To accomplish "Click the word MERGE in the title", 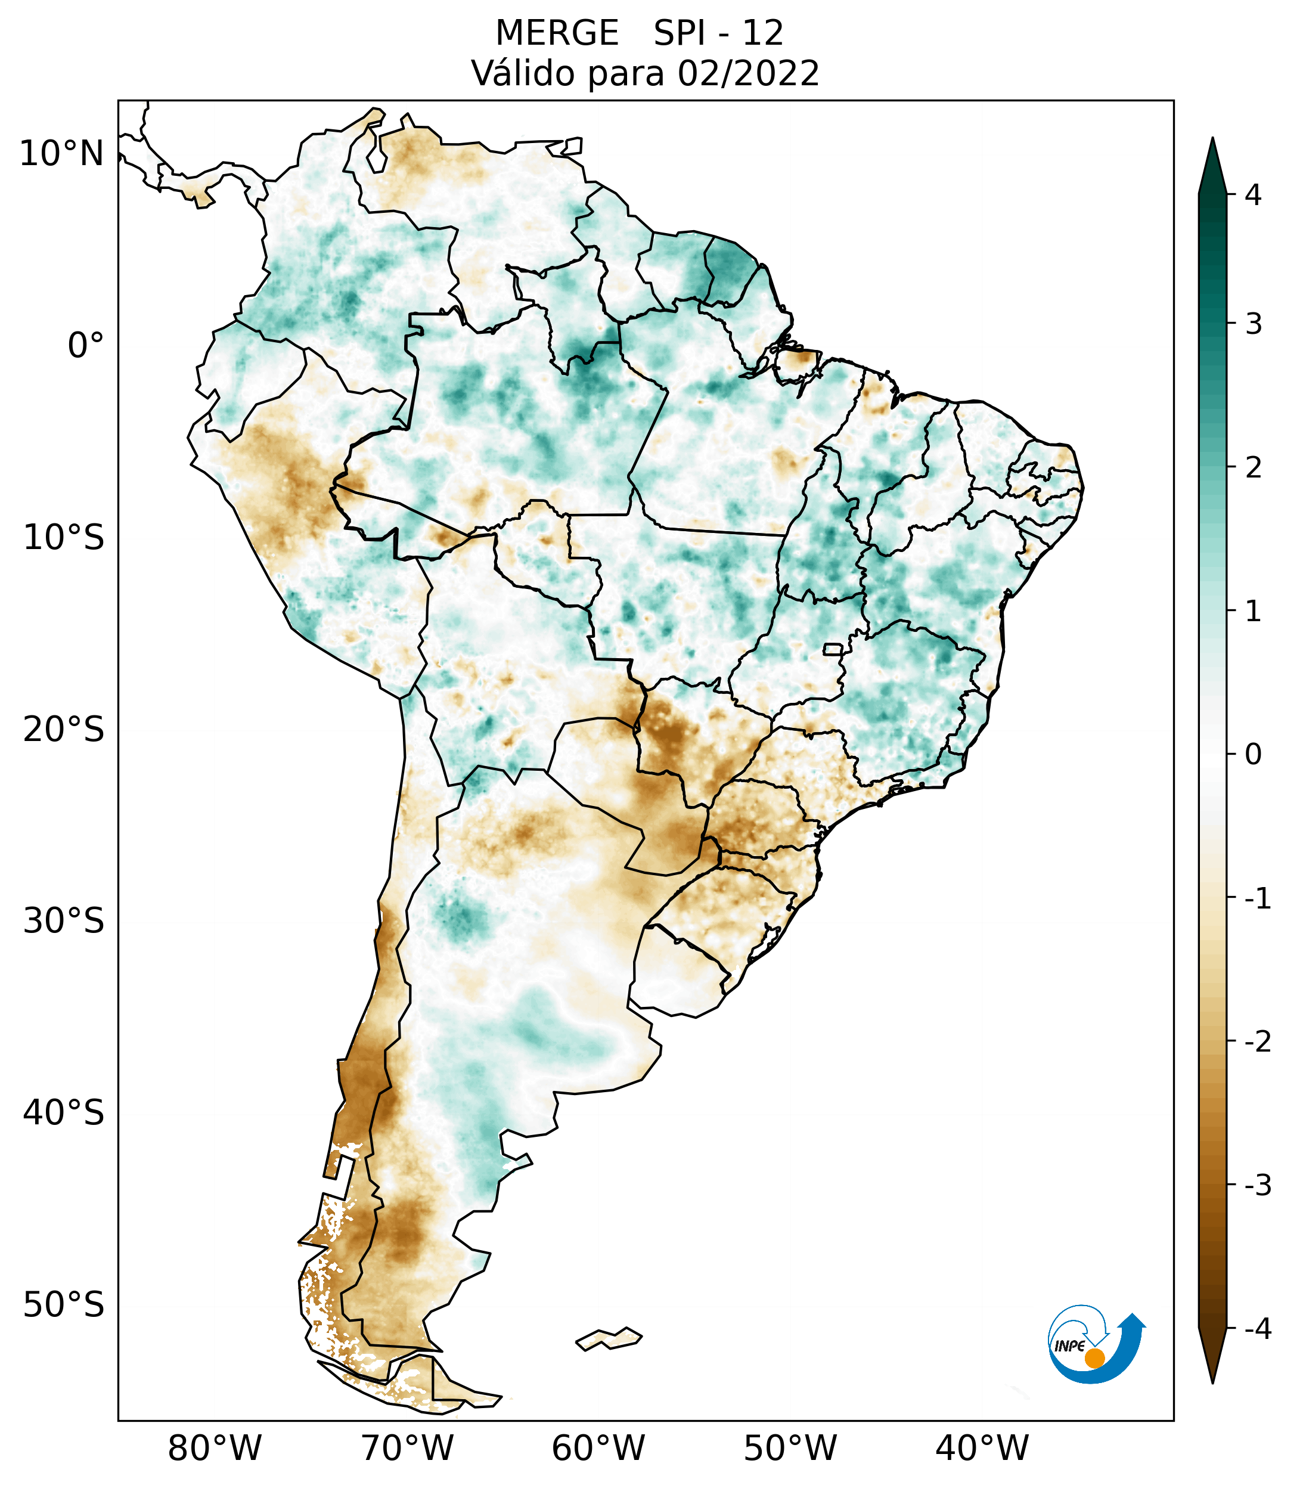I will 557,33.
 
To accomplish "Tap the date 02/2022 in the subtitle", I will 749,74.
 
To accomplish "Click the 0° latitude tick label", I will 86,346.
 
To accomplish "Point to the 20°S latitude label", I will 64,730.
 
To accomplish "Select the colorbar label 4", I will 1253,195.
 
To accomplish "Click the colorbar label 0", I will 1253,755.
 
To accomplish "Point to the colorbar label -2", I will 1257,1042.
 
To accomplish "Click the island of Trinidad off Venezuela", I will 573,146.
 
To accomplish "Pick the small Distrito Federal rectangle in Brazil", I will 832,649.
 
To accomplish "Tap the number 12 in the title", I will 763,33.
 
